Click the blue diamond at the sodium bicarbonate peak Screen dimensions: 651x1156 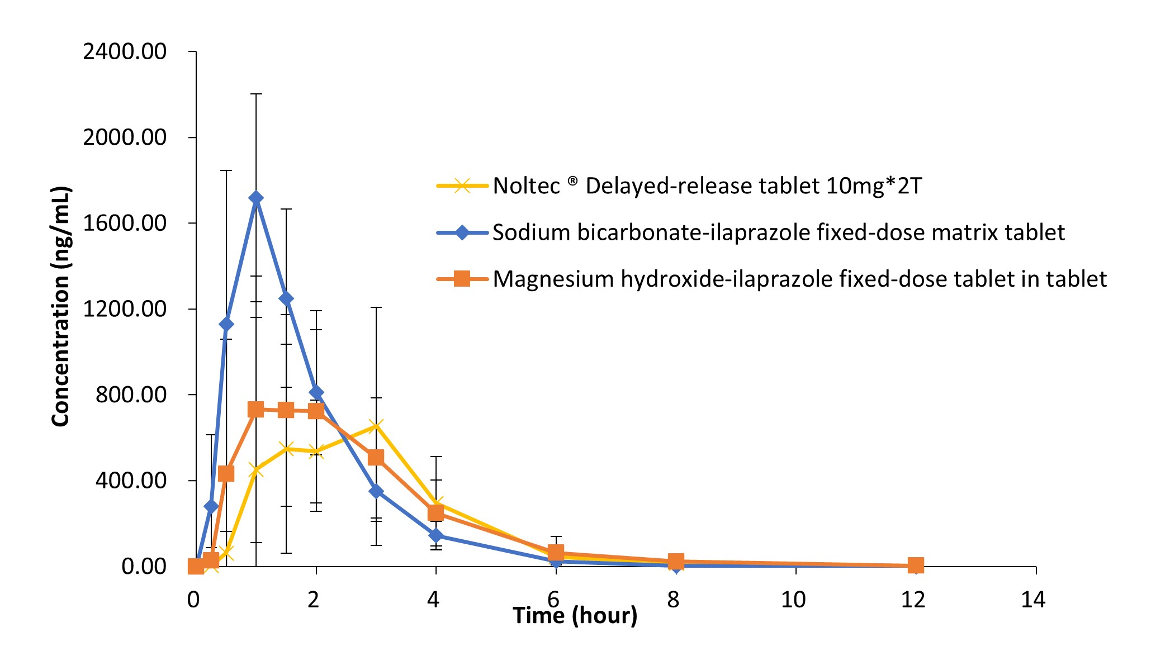pos(256,198)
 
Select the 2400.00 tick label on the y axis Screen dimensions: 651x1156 pos(125,52)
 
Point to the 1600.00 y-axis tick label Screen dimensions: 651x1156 pos(125,224)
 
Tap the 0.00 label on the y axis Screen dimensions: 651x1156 pos(144,567)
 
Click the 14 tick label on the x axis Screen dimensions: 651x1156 pos(1033,600)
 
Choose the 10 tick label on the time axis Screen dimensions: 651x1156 pos(793,600)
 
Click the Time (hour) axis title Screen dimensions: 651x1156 pos(575,616)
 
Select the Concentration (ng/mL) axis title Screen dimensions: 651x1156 pos(60,307)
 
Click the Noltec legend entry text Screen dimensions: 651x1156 pos(707,186)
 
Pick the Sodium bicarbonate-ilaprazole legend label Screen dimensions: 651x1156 pos(778,232)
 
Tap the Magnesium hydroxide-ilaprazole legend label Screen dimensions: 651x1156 pos(799,279)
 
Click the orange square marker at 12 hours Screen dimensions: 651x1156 pos(916,565)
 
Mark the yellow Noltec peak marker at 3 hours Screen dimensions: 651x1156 pos(376,427)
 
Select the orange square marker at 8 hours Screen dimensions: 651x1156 pos(676,562)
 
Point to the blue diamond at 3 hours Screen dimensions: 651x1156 pos(376,491)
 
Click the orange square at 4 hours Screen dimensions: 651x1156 pos(436,512)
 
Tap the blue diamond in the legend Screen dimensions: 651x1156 pos(462,232)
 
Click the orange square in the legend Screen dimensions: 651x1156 pos(462,278)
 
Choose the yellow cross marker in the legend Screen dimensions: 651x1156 pos(462,186)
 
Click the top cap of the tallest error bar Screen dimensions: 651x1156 pos(256,94)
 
